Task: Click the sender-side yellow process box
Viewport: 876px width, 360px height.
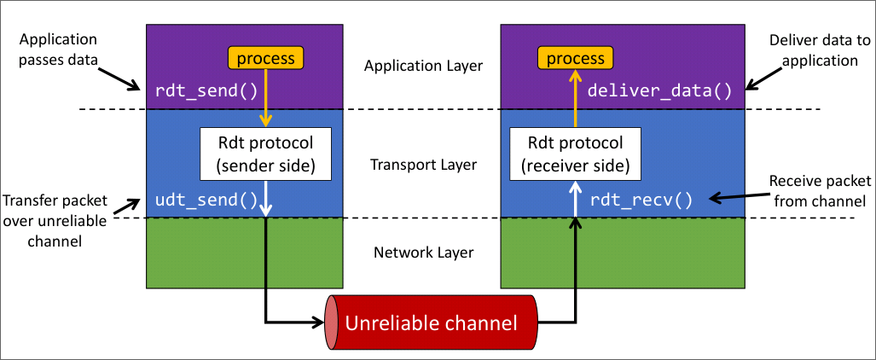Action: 265,58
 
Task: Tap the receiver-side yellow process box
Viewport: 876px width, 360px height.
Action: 575,58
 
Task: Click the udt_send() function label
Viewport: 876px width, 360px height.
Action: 206,201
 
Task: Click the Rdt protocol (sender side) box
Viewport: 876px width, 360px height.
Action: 265,154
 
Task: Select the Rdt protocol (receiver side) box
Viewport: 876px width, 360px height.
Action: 575,154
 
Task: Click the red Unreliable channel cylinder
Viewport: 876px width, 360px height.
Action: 430,323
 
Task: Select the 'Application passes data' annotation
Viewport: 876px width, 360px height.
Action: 58,50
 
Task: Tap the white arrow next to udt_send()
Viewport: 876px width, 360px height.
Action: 267,199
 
